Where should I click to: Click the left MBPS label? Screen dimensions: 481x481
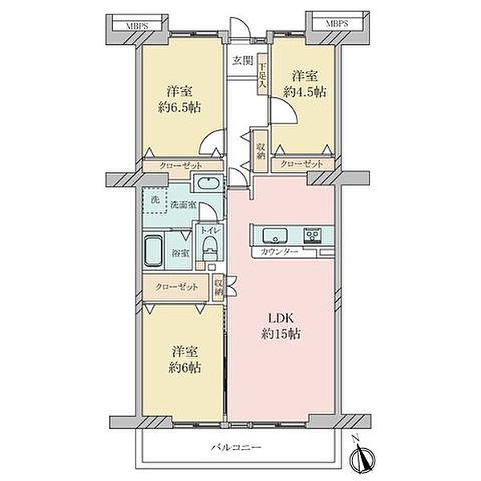pyautogui.click(x=137, y=25)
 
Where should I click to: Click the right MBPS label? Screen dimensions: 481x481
pyautogui.click(x=337, y=23)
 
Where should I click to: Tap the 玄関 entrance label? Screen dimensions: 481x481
pyautogui.click(x=242, y=61)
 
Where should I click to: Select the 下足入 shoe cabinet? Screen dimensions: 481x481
pyautogui.click(x=262, y=75)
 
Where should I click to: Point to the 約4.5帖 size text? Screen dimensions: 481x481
pyautogui.click(x=305, y=91)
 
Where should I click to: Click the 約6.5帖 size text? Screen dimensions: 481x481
pyautogui.click(x=180, y=107)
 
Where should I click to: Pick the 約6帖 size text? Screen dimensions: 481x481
pyautogui.click(x=184, y=367)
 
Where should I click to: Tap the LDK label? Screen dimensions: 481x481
pyautogui.click(x=281, y=318)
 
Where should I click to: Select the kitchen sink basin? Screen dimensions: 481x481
pyautogui.click(x=275, y=236)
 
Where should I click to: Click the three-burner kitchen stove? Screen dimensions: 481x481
pyautogui.click(x=313, y=236)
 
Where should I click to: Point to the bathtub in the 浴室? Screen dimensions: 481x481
pyautogui.click(x=153, y=251)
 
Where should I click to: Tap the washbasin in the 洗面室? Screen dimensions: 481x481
pyautogui.click(x=208, y=184)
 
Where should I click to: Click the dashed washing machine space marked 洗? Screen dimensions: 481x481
pyautogui.click(x=155, y=200)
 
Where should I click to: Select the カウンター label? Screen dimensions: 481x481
pyautogui.click(x=279, y=253)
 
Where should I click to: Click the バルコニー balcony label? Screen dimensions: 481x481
pyautogui.click(x=236, y=447)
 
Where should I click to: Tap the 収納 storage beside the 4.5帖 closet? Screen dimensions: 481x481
pyautogui.click(x=261, y=151)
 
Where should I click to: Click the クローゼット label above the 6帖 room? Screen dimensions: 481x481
pyautogui.click(x=176, y=287)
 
